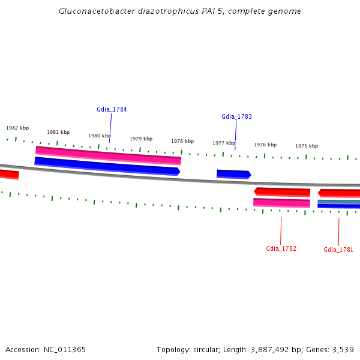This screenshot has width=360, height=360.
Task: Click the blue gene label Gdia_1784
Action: coord(112,109)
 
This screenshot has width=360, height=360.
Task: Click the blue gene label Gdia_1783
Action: coord(236,116)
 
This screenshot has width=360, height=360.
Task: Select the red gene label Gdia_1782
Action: coord(281,248)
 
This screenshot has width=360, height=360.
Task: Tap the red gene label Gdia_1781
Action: coord(338,250)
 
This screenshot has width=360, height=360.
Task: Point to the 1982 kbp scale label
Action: coord(17,128)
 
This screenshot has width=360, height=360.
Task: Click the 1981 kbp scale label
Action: coord(58,132)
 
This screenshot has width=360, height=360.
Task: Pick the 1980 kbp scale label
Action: coord(100,136)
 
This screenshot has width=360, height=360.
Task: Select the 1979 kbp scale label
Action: coord(141,139)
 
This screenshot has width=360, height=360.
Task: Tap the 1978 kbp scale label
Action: coord(182,141)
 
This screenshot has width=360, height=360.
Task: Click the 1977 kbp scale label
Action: coord(224,143)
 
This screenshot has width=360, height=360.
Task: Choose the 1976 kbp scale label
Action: coord(265,145)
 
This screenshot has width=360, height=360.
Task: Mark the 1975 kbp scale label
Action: coord(307,146)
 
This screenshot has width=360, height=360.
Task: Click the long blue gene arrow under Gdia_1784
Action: coord(107,166)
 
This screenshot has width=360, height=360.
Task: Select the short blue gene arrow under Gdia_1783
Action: coord(233,174)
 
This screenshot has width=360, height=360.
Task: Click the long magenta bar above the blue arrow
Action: coord(108,155)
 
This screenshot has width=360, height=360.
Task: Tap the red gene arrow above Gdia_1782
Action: coord(282,192)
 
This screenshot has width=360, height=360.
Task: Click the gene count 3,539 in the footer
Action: coord(343,349)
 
